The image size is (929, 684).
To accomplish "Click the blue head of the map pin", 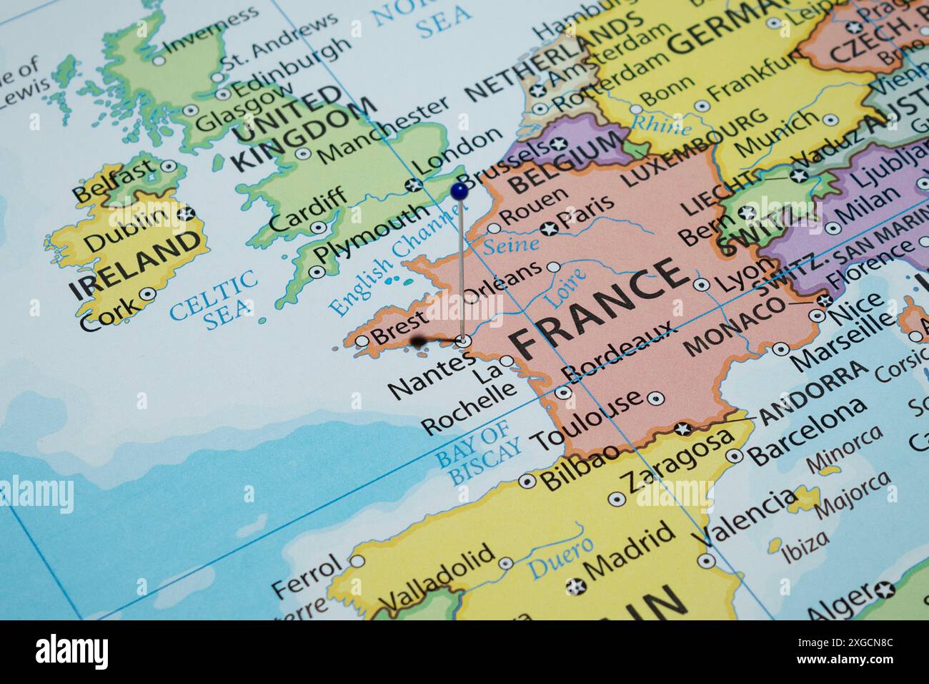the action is coord(459,190).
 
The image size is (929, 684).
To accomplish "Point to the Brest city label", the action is coord(400,327).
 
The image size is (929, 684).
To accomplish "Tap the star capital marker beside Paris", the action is coord(549,229).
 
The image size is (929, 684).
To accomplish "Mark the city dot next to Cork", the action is coord(147,293).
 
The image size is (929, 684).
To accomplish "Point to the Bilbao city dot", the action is coord(527,481).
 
